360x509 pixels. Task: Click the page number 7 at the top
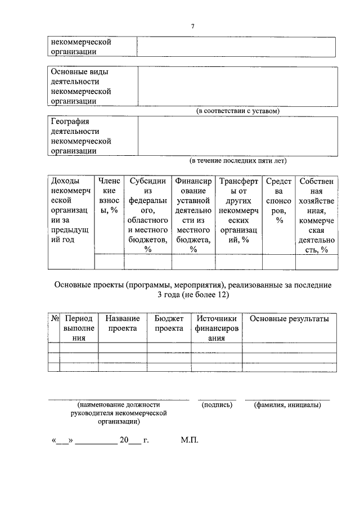[192, 26]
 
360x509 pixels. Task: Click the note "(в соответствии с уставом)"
[237, 111]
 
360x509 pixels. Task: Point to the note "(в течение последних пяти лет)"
[238, 161]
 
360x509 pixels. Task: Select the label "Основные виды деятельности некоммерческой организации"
[80, 87]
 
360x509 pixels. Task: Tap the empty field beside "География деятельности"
[237, 136]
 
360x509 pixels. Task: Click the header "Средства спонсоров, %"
[278, 201]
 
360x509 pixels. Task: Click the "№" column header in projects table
[55, 319]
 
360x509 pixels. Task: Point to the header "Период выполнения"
[78, 328]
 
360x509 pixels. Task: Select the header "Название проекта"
[123, 323]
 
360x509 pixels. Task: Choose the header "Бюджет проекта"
[169, 323]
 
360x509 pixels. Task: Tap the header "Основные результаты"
[289, 319]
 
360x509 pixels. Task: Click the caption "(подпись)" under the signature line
[217, 404]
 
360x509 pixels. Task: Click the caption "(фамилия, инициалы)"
[287, 404]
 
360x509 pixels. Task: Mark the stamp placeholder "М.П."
[190, 440]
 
